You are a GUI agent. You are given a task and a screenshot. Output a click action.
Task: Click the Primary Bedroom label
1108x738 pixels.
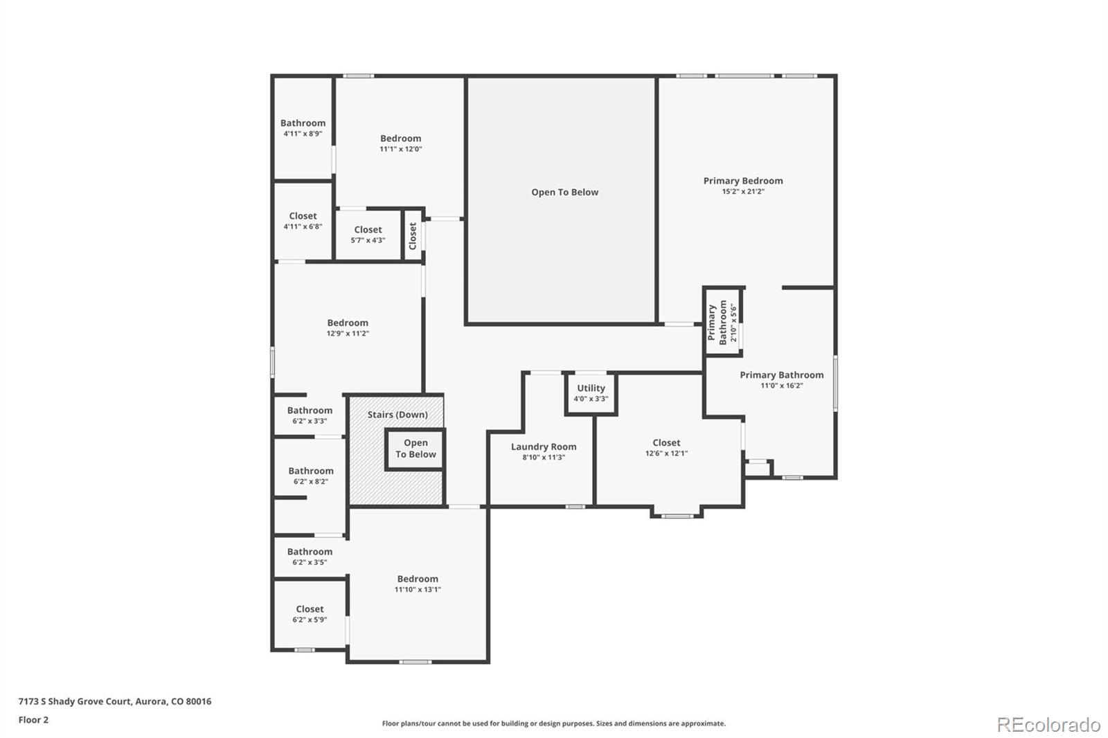coord(743,181)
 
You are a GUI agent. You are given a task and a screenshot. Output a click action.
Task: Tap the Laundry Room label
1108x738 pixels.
coord(544,447)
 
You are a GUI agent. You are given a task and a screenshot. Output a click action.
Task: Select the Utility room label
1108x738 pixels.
coord(591,388)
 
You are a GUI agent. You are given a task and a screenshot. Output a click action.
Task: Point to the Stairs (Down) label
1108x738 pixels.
coord(397,415)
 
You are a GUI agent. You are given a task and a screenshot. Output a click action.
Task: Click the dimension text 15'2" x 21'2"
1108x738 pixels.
coord(743,192)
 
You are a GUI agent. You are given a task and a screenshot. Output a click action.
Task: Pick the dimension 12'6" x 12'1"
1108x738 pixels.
coord(666,453)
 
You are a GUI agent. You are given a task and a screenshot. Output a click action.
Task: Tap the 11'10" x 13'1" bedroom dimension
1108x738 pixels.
coord(418,589)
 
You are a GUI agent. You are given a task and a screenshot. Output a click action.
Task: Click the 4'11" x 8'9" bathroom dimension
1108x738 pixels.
coord(303,134)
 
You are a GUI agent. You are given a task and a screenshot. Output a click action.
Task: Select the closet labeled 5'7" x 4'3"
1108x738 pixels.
coord(368,235)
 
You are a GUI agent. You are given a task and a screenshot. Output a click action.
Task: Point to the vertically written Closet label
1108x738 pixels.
coord(413,236)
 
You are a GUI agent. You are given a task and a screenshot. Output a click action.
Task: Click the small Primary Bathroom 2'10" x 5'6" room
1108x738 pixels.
coord(723,322)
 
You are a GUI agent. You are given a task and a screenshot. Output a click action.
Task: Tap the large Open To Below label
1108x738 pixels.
coord(565,192)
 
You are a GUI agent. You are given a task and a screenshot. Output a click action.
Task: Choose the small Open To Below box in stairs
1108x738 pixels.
coord(415,449)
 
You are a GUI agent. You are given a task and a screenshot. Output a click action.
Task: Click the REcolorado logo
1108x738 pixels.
coord(1048,725)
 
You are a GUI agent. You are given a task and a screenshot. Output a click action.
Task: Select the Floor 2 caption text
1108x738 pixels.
coord(34,720)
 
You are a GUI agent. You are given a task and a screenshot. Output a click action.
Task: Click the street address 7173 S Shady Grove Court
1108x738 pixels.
coord(75,701)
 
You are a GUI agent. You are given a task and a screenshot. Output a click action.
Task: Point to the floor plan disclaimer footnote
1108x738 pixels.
coord(553,723)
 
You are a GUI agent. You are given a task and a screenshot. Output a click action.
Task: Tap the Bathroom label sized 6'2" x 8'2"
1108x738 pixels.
coord(311,471)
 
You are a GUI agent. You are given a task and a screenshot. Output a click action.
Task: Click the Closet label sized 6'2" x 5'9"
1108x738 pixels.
coord(310,609)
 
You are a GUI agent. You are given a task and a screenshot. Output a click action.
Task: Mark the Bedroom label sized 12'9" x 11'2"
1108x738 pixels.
coord(348,323)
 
